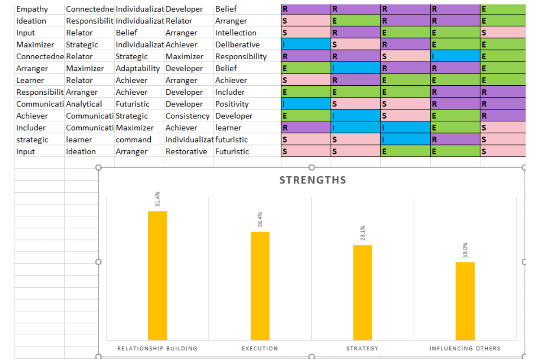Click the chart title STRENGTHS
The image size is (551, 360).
[x=312, y=180]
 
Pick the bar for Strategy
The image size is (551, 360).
[x=362, y=292]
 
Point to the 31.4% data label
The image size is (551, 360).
[x=158, y=200]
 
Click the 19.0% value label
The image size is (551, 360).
[x=465, y=250]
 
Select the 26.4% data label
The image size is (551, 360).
[x=260, y=219]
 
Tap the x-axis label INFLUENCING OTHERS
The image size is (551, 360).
[x=465, y=348]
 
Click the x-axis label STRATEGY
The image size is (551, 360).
[x=362, y=348]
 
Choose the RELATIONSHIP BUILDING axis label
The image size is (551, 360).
[x=157, y=348]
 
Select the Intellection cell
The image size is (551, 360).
[x=236, y=33]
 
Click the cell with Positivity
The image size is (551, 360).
[x=232, y=104]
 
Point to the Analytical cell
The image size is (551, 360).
[x=84, y=104]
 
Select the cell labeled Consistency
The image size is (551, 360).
[x=188, y=116]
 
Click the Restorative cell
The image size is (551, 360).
[x=186, y=152]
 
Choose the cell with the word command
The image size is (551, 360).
[x=133, y=140]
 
